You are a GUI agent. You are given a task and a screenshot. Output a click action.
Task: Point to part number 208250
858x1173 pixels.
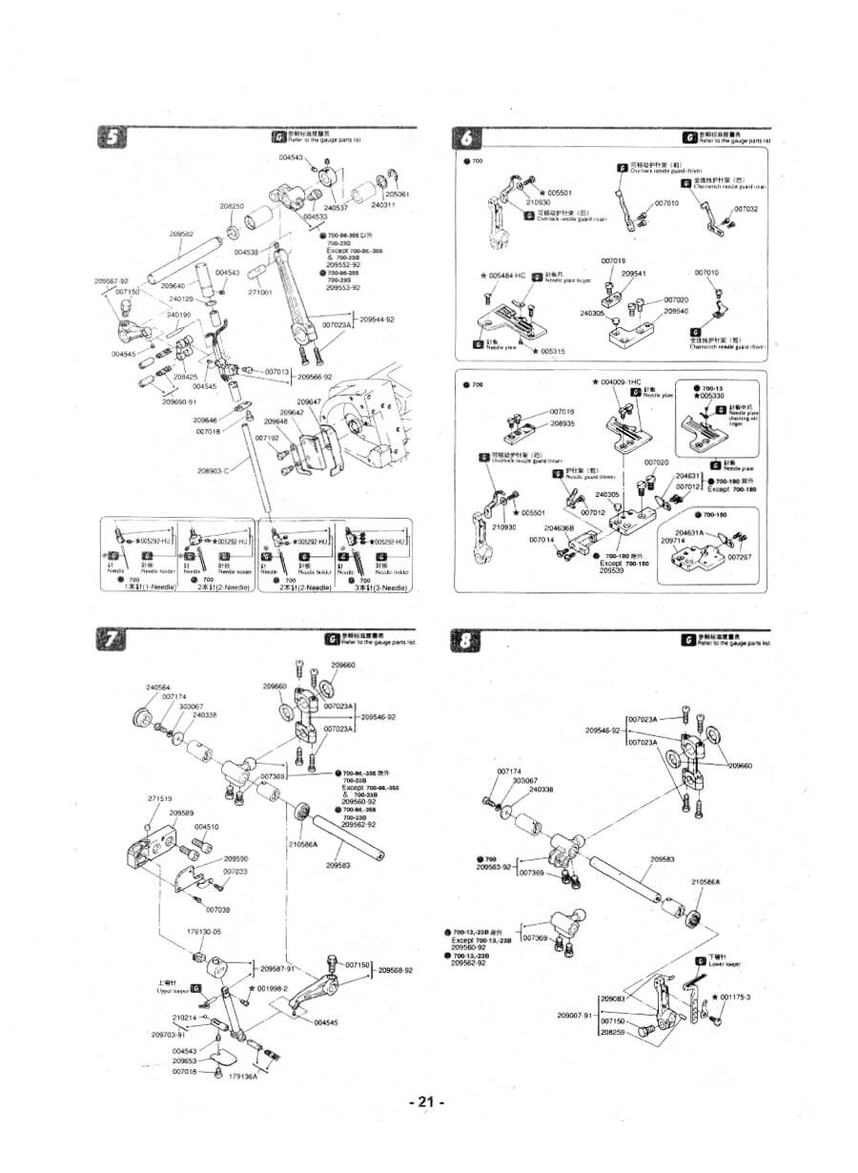[x=232, y=206]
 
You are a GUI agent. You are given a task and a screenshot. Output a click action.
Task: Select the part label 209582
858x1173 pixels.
[x=181, y=235]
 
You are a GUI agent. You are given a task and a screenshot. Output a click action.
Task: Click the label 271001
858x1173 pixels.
[x=260, y=292]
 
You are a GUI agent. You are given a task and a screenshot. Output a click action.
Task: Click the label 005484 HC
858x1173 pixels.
[x=506, y=276]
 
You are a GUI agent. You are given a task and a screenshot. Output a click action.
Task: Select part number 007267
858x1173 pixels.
[x=740, y=557]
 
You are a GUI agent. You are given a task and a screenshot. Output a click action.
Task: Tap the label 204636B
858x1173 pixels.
[x=559, y=526]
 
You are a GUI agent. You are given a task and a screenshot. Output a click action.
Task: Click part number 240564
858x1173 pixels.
[x=158, y=687]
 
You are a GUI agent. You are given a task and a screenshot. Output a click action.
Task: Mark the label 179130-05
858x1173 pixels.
[x=203, y=931]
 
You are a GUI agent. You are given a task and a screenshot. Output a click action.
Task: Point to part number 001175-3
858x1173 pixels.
[x=735, y=997]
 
